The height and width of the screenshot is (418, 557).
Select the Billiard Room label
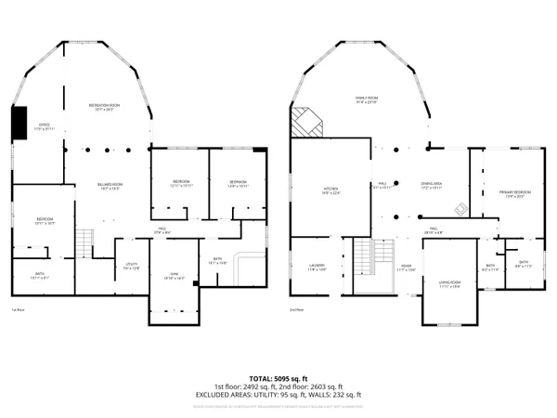[111, 187]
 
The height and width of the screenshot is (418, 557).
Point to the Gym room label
[174, 275]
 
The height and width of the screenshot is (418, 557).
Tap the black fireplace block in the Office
[18, 124]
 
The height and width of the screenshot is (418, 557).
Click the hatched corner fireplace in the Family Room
[305, 122]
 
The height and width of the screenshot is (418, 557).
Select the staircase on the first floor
[85, 243]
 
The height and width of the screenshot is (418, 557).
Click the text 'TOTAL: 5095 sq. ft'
[278, 378]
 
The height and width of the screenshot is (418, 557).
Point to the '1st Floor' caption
[18, 309]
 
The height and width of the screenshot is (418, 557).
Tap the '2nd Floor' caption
[296, 309]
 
